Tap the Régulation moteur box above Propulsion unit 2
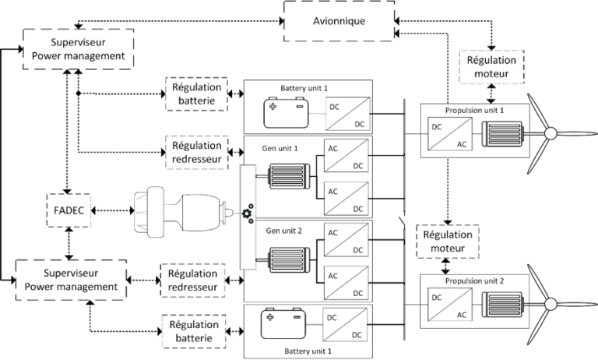pos(445,242)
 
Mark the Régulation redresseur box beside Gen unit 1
pos(195,151)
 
